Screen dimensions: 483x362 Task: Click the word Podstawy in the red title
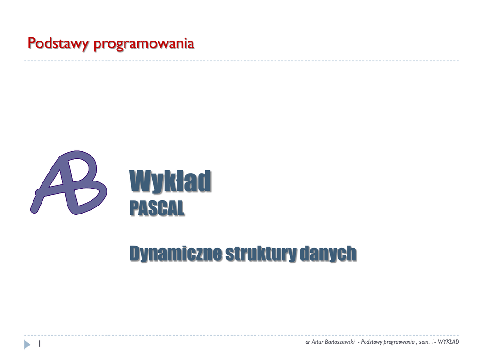(x=58, y=43)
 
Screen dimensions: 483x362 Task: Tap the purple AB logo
(x=68, y=182)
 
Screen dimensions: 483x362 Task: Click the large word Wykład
(x=170, y=181)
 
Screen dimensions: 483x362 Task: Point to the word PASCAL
(x=157, y=208)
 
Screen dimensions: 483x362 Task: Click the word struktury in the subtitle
(x=261, y=253)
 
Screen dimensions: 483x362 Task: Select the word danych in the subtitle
(x=328, y=253)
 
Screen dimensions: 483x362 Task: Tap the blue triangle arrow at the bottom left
(x=27, y=344)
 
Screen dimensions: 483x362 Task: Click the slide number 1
(x=40, y=344)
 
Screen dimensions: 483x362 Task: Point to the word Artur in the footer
(x=317, y=342)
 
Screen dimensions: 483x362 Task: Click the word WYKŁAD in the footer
(x=449, y=342)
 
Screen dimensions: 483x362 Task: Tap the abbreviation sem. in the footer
(x=424, y=342)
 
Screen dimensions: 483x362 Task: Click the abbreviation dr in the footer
(x=308, y=342)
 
